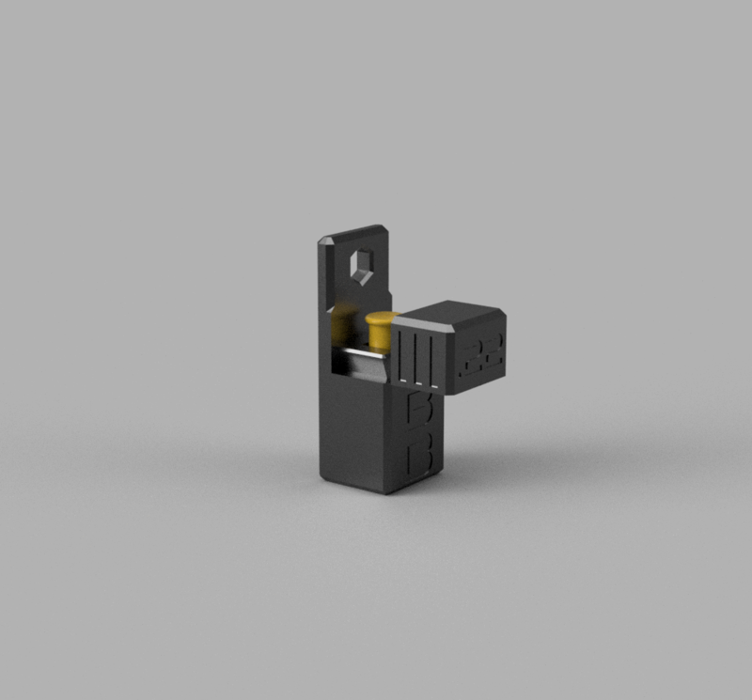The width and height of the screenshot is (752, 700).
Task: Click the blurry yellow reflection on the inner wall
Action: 343,324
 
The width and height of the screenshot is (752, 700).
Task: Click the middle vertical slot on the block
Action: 416,356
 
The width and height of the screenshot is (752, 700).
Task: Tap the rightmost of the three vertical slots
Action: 431,358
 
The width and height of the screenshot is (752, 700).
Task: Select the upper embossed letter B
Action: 415,408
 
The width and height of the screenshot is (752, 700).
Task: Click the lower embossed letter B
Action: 419,459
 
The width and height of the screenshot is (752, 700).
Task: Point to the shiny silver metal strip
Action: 362,363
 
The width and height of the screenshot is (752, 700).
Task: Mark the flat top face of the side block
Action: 461,313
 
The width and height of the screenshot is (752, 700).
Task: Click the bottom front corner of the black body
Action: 385,490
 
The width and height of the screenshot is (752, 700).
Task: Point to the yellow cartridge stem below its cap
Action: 380,340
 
